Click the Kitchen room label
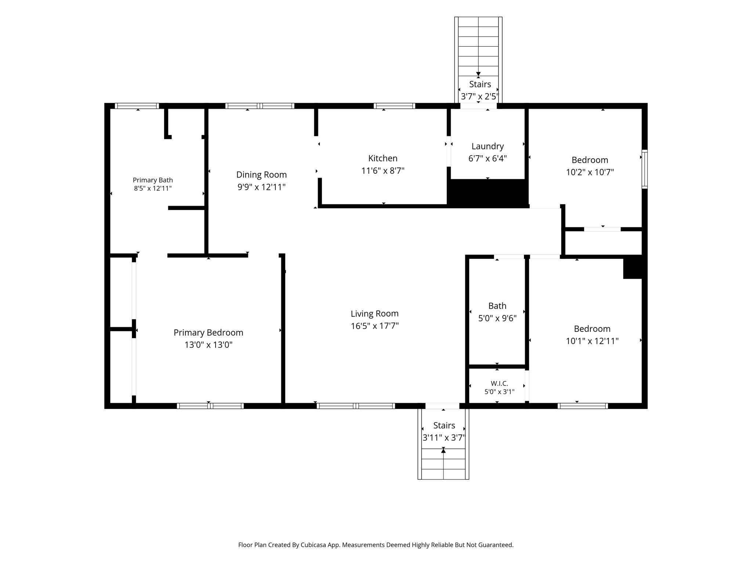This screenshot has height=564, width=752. pos(383,158)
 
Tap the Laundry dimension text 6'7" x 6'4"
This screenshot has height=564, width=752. pos(487,159)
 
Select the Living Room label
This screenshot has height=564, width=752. pos(375,314)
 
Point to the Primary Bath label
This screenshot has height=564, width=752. pos(153,180)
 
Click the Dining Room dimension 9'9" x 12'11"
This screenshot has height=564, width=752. pos(261,187)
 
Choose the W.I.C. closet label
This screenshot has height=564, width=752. pos(499,383)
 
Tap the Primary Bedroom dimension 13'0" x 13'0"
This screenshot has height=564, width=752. pos(209,345)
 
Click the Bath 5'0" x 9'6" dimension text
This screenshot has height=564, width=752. pos(497,318)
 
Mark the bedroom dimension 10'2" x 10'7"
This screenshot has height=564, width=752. pos(590,172)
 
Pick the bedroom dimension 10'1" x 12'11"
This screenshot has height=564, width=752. pos(592,341)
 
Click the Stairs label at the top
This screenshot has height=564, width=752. pos(480,84)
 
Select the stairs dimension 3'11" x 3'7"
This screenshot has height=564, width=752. pos(444,438)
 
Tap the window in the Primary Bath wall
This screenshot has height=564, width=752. pos(137,106)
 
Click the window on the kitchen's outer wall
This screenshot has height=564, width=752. pos(394,106)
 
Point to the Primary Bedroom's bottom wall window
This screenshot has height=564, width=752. pos(210,406)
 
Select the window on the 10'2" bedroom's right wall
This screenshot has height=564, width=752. pos(644,169)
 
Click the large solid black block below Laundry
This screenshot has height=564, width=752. pos(488,194)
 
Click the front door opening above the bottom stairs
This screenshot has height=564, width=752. pos(442,406)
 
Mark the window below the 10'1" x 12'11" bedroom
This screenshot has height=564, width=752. pos(583,406)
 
